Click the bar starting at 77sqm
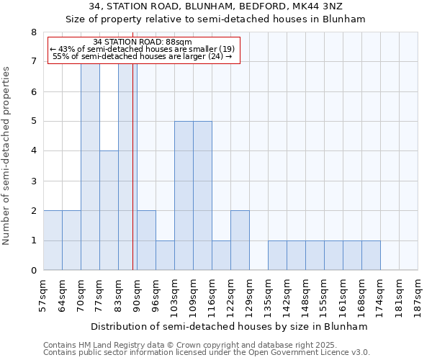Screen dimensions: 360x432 [x=109, y=210]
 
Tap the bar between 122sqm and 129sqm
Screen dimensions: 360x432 [x=240, y=240]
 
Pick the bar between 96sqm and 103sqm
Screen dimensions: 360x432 [x=165, y=256]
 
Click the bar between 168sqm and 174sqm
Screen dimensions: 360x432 [x=371, y=256]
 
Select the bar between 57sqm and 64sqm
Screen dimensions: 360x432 [x=53, y=240]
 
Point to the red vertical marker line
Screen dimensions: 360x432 [x=133, y=166]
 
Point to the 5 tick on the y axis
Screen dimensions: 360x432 [x=33, y=121]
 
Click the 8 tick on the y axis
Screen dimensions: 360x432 [x=33, y=32]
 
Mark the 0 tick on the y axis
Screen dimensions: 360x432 [x=33, y=271]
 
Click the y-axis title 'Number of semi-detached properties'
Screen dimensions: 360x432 [x=7, y=156]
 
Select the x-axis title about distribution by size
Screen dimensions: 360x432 [x=230, y=326]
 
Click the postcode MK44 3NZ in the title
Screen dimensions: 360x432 [x=322, y=6]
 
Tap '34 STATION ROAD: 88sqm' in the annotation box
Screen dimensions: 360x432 [x=143, y=42]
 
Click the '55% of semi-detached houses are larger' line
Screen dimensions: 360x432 [x=143, y=56]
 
